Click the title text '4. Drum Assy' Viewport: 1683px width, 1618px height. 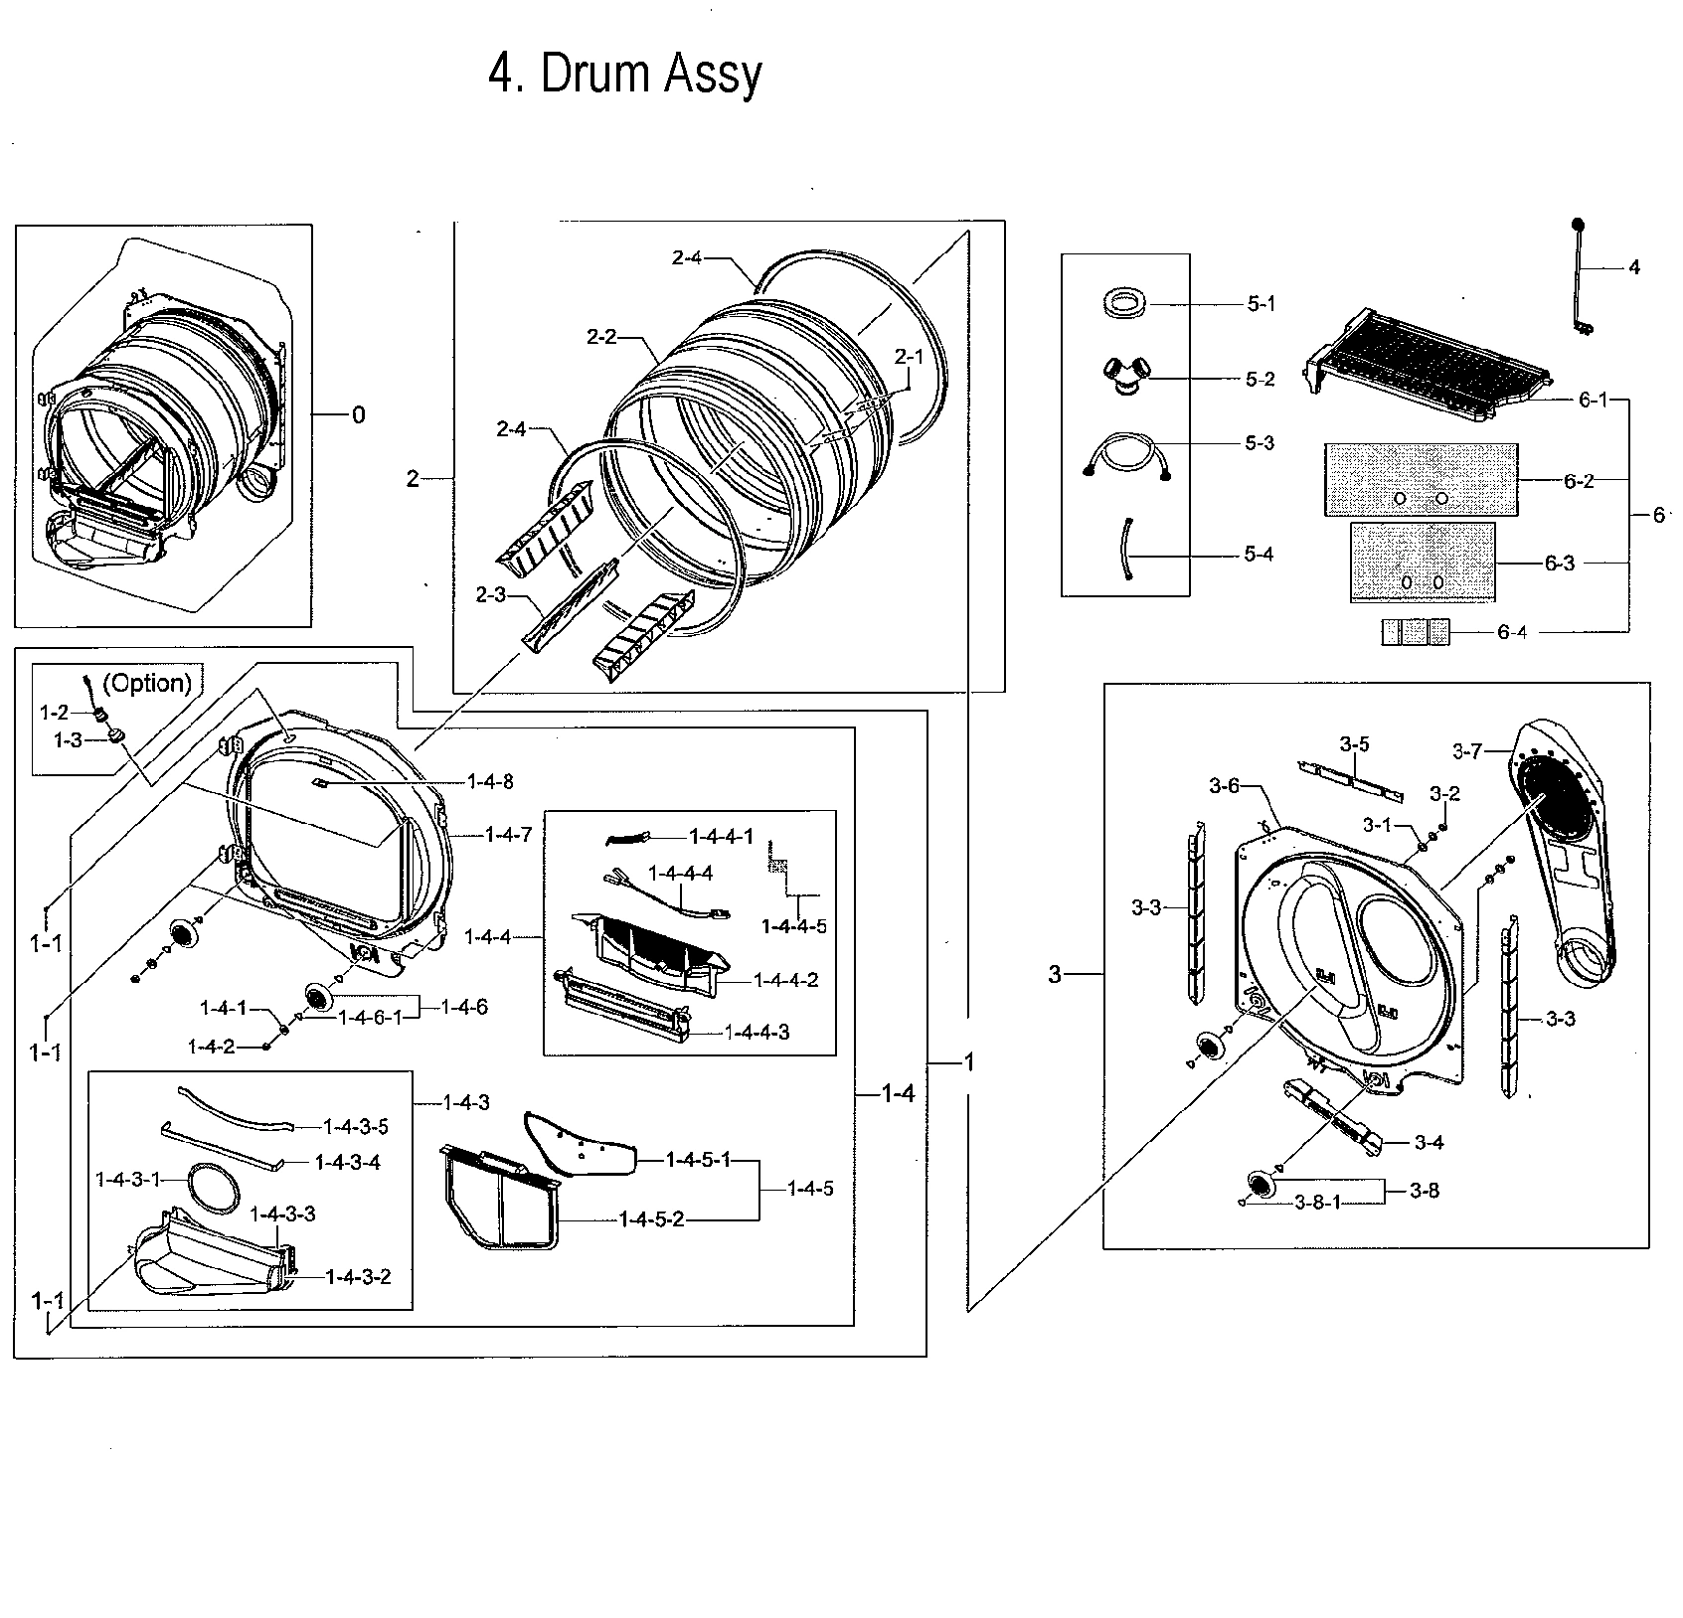[x=625, y=75]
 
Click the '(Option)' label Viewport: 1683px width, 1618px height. [x=147, y=683]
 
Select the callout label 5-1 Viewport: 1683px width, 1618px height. [x=1261, y=305]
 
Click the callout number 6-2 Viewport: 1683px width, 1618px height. [x=1578, y=481]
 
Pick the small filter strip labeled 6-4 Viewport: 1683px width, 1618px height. [x=1415, y=632]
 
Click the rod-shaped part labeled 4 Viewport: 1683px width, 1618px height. [x=1579, y=278]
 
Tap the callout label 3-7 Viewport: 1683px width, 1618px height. [x=1467, y=752]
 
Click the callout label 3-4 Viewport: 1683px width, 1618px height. [x=1429, y=1143]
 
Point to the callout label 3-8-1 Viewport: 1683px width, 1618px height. [x=1318, y=1203]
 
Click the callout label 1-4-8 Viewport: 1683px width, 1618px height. [x=490, y=782]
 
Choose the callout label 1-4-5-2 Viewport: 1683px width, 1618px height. [x=651, y=1218]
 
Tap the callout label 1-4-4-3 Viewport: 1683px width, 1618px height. [x=757, y=1033]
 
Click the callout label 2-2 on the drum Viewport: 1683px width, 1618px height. [x=601, y=337]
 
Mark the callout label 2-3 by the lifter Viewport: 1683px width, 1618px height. [x=491, y=595]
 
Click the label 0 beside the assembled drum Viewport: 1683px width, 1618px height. [x=358, y=414]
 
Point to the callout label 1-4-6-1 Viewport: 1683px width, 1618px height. [x=371, y=1017]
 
